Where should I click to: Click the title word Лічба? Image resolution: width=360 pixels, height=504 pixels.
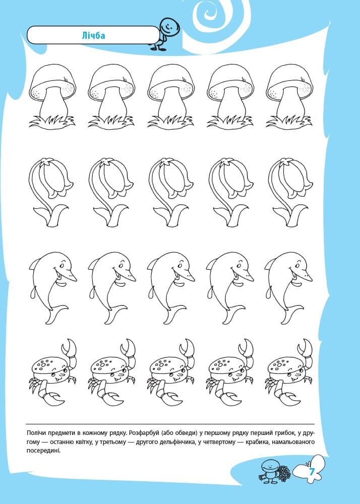pyautogui.click(x=93, y=35)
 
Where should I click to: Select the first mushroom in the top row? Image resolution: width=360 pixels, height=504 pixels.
pyautogui.click(x=52, y=96)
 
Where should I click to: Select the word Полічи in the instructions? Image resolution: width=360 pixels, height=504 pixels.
pyautogui.click(x=38, y=432)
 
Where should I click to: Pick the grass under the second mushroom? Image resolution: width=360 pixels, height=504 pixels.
pyautogui.click(x=111, y=121)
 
